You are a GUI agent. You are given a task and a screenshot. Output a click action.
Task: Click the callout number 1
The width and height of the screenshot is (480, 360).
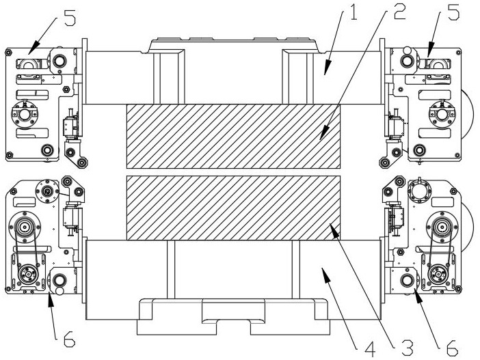pos(354,12)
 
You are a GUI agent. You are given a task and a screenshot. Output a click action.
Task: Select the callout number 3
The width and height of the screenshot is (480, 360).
pos(408,348)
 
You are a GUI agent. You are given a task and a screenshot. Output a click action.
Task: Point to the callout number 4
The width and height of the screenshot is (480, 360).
pos(370,349)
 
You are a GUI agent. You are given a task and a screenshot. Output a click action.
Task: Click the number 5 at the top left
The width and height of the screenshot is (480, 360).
pos(70,18)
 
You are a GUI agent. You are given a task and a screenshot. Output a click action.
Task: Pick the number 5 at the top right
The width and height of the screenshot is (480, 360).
pos(453,12)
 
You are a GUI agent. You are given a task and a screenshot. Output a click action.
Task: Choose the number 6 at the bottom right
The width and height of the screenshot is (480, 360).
pos(453,348)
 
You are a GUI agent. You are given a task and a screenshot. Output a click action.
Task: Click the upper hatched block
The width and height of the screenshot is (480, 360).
pos(233,136)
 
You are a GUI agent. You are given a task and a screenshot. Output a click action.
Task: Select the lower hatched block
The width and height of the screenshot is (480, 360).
pos(233,208)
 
